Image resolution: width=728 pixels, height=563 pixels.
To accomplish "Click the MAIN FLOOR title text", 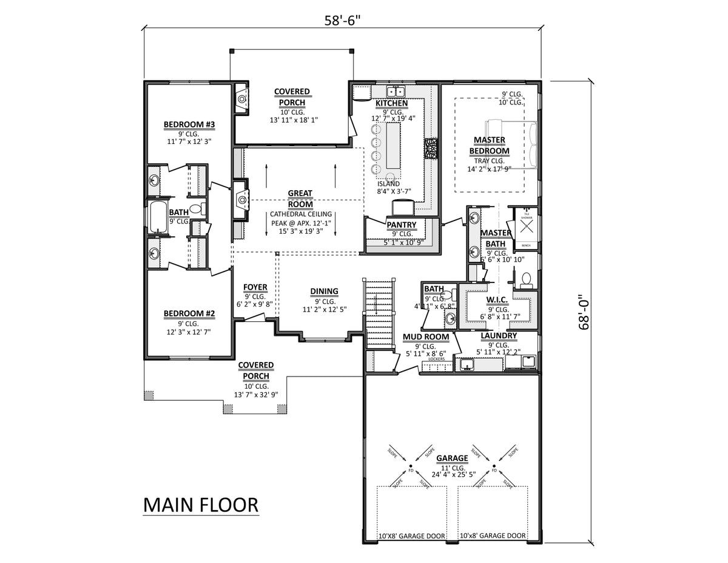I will [x=200, y=505].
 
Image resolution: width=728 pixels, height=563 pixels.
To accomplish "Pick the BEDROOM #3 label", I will [x=189, y=125].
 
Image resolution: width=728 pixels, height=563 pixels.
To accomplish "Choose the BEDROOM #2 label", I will [x=189, y=314].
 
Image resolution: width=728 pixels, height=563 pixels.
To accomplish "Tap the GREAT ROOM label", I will [x=300, y=199].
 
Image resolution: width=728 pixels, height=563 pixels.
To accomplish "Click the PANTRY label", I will [x=401, y=225].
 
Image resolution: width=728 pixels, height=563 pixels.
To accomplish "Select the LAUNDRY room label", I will [x=499, y=336].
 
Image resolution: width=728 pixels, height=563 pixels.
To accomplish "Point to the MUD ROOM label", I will [x=426, y=336].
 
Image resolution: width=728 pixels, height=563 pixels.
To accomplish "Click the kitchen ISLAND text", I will [x=388, y=183].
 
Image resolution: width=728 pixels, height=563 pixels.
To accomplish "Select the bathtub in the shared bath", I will [x=158, y=217].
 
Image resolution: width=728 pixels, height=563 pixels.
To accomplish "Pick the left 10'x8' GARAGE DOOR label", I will [x=411, y=536].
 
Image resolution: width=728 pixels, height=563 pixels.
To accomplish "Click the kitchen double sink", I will [x=397, y=92].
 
